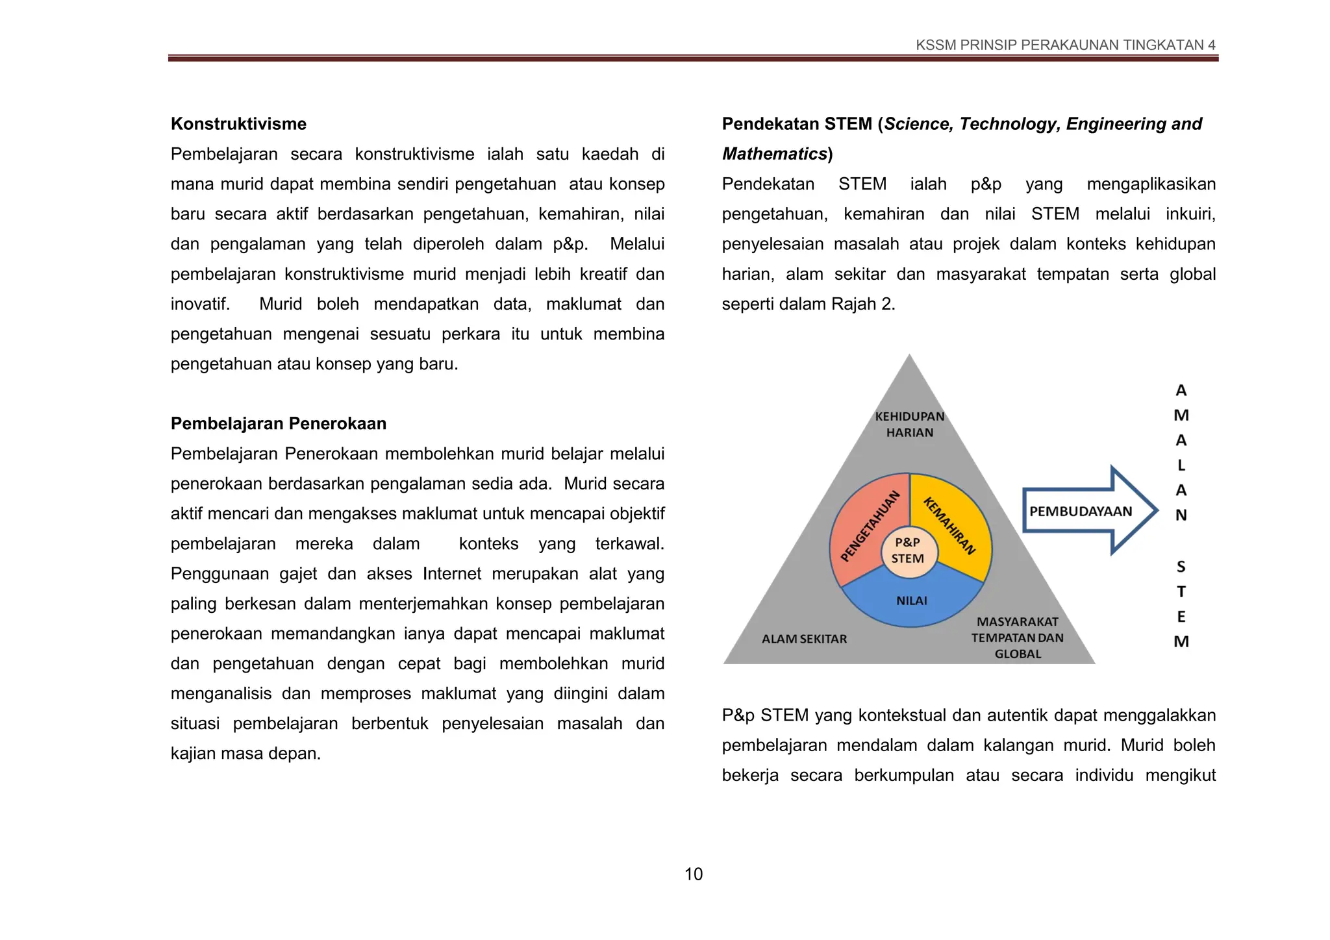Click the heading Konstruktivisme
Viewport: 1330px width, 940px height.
pyautogui.click(x=238, y=124)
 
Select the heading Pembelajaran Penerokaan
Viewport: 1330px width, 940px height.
pyautogui.click(x=278, y=424)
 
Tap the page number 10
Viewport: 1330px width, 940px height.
pyautogui.click(x=693, y=874)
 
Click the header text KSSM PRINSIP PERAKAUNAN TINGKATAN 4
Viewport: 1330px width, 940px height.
pyautogui.click(x=1065, y=45)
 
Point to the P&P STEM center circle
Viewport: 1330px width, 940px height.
pyautogui.click(x=907, y=550)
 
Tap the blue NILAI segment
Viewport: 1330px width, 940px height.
pyautogui.click(x=911, y=601)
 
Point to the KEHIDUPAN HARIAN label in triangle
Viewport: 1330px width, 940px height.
pyautogui.click(x=909, y=425)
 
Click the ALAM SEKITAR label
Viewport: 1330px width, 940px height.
pyautogui.click(x=804, y=639)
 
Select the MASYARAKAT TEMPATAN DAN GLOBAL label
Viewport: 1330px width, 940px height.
pyautogui.click(x=1017, y=638)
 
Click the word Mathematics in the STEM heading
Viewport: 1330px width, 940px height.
pyautogui.click(x=774, y=154)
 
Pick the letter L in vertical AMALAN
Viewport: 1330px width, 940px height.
pyautogui.click(x=1181, y=465)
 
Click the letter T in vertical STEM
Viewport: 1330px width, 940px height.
pyautogui.click(x=1181, y=592)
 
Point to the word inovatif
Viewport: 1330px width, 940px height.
pyautogui.click(x=200, y=304)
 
